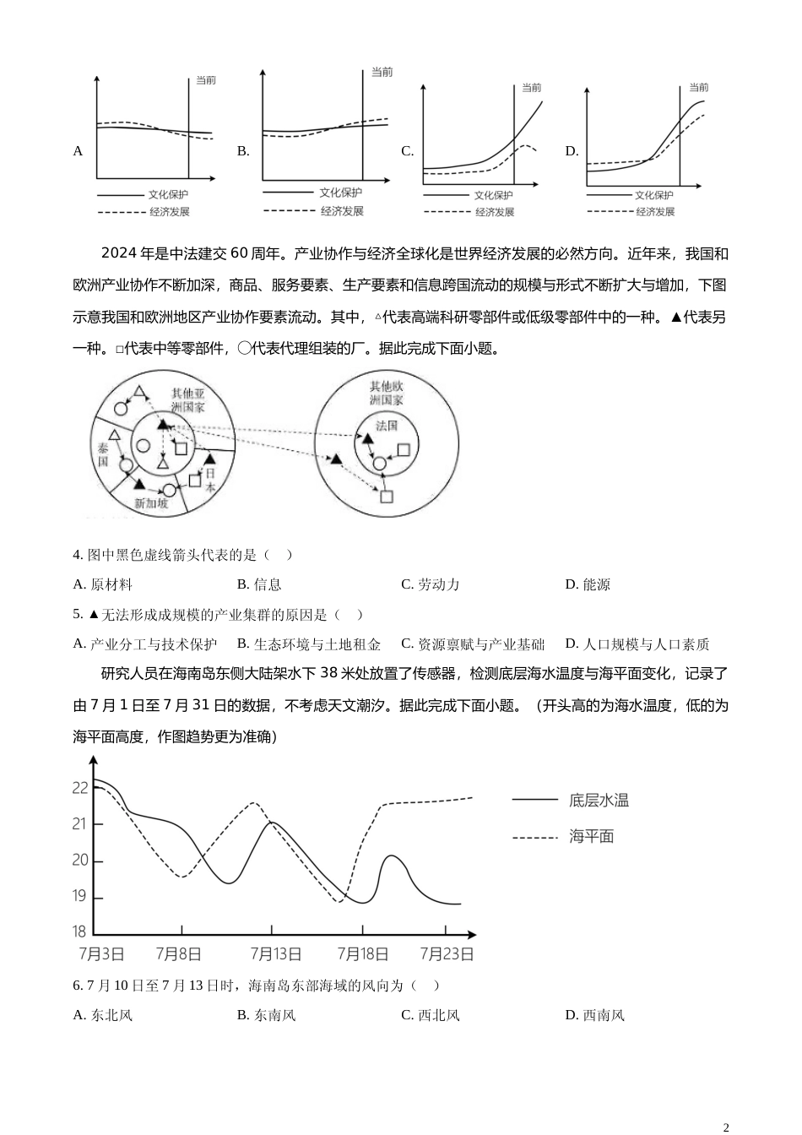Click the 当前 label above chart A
pyautogui.click(x=205, y=80)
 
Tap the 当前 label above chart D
pyautogui.click(x=698, y=87)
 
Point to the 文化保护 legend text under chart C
pyautogui.click(x=493, y=196)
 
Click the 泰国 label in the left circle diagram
pyautogui.click(x=102, y=454)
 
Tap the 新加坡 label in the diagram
pyautogui.click(x=151, y=503)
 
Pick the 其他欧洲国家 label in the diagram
pyautogui.click(x=387, y=393)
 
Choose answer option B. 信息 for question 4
pyautogui.click(x=259, y=584)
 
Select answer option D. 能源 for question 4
pyautogui.click(x=588, y=584)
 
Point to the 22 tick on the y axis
pyautogui.click(x=80, y=788)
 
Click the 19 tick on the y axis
pyautogui.click(x=80, y=896)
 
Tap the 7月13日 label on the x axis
pyautogui.click(x=275, y=954)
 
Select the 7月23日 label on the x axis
pyautogui.click(x=447, y=954)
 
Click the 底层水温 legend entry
pyautogui.click(x=599, y=800)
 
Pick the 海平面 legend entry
pyautogui.click(x=591, y=837)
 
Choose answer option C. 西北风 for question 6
pyautogui.click(x=431, y=1015)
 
